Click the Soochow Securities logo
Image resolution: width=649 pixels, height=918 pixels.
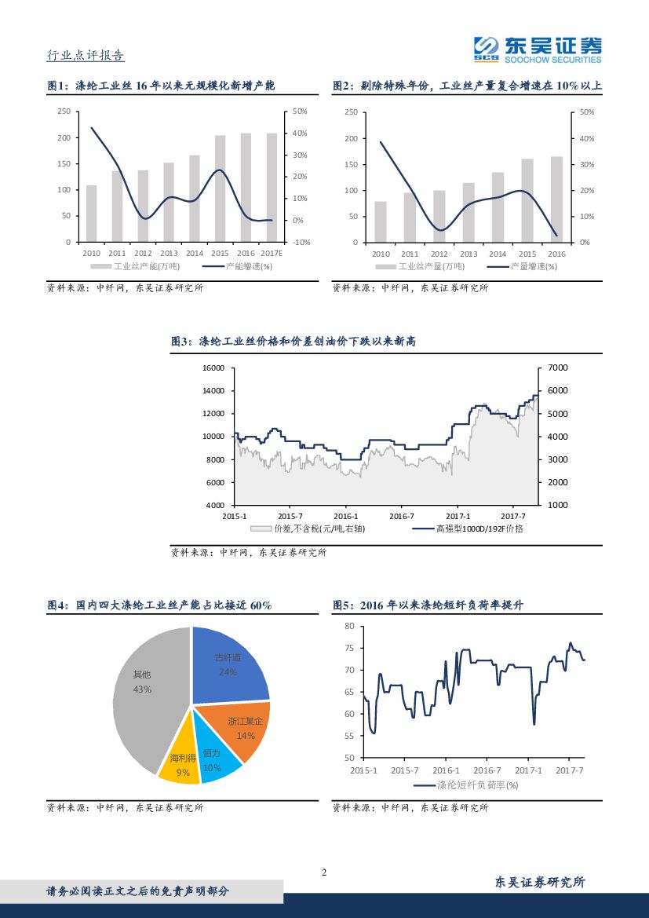[x=538, y=49]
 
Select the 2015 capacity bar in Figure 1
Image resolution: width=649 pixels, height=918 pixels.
[x=221, y=188]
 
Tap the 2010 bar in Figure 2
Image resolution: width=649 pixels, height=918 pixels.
[x=381, y=221]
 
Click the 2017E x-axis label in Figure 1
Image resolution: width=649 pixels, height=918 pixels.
[x=272, y=253]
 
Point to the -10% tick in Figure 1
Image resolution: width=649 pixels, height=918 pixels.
[x=301, y=242]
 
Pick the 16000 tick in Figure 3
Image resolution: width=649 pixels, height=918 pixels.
[x=214, y=368]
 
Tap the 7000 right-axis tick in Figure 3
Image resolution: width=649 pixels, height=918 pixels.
[x=558, y=368]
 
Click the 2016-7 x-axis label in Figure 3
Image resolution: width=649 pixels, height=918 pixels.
[x=402, y=516]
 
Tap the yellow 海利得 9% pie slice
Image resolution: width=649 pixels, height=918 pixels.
[x=180, y=762]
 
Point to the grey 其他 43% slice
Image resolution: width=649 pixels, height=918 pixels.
[x=145, y=691]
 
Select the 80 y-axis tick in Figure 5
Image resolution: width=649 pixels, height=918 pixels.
[x=349, y=626]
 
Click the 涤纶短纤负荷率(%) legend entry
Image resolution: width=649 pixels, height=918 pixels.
[x=478, y=785]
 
